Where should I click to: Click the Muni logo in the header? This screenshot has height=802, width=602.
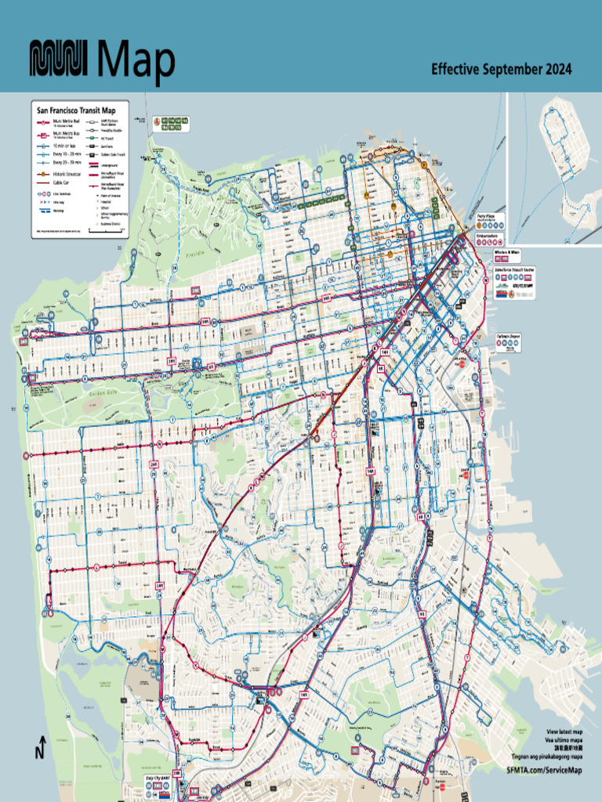pyautogui.click(x=62, y=60)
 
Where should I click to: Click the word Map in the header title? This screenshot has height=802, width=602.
pyautogui.click(x=137, y=61)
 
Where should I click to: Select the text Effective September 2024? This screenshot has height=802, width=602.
pyautogui.click(x=501, y=70)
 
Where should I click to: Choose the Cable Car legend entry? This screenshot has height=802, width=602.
pyautogui.click(x=63, y=181)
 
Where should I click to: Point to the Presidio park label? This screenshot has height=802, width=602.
pyautogui.click(x=198, y=255)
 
